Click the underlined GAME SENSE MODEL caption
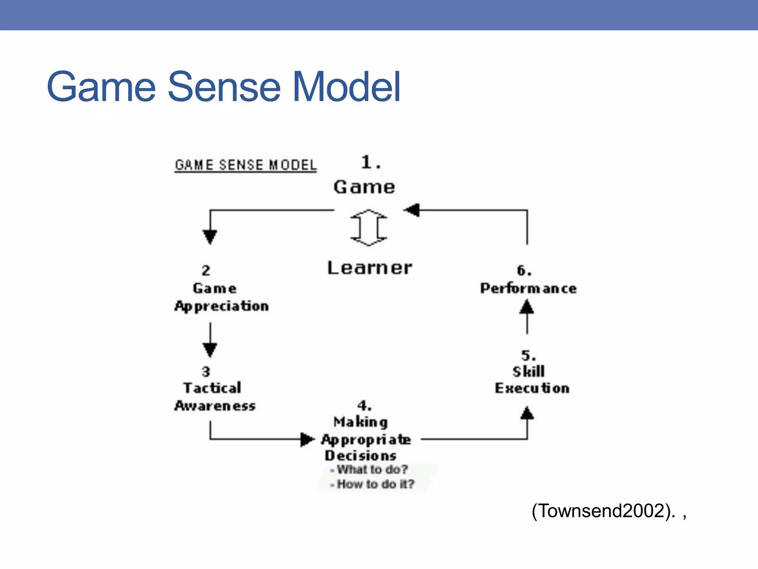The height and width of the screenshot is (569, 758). click(x=246, y=165)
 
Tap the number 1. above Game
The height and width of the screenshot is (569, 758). click(x=371, y=162)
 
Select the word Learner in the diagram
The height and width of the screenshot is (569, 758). click(x=369, y=268)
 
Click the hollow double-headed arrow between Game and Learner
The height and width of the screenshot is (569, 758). click(x=369, y=227)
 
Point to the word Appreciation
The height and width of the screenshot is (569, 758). click(x=222, y=306)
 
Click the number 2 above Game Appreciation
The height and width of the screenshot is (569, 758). click(x=206, y=270)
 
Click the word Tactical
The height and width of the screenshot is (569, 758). click(x=212, y=388)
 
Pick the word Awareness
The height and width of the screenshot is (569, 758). click(x=215, y=406)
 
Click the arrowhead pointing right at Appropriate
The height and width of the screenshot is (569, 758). click(x=307, y=440)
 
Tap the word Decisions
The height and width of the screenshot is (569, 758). click(x=360, y=456)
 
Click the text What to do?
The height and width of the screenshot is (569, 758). click(x=372, y=470)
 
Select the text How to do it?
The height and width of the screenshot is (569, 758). click(x=375, y=484)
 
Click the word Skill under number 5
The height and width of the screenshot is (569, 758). click(x=529, y=372)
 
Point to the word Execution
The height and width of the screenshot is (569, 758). click(x=532, y=388)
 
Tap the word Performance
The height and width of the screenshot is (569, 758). click(x=528, y=288)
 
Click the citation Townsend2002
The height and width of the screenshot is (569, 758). click(x=603, y=511)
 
